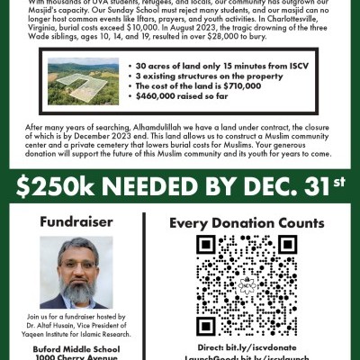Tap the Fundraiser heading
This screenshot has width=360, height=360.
pos(76,220)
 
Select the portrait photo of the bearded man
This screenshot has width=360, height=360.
pos(76,272)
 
